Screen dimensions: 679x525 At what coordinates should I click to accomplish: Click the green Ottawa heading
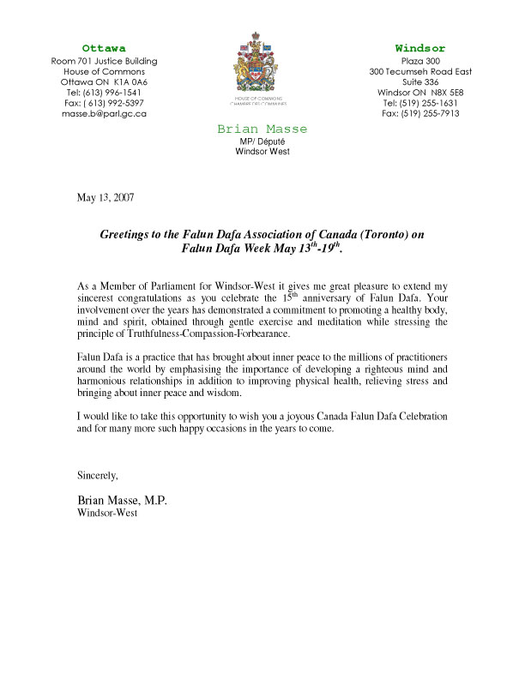104,48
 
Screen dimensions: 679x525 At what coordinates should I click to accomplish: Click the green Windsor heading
420,48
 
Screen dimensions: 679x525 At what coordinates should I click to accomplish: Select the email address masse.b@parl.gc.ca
104,113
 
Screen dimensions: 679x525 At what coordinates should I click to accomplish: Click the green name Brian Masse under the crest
262,129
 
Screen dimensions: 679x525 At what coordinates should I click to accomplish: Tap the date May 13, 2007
106,197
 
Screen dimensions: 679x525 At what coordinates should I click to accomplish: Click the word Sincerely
97,474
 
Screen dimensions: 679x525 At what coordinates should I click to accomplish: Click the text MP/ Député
262,141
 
